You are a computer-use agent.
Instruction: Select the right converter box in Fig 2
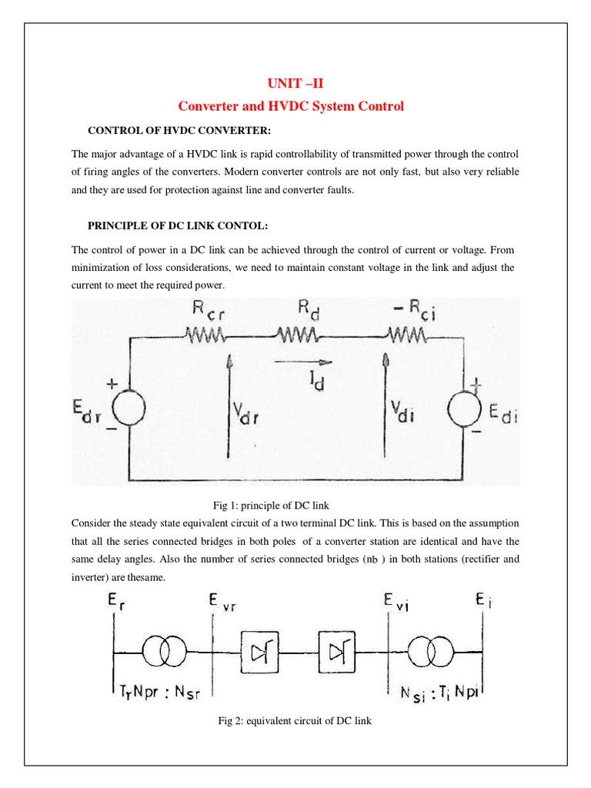coord(336,653)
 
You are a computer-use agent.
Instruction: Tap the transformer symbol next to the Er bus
coord(164,653)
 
